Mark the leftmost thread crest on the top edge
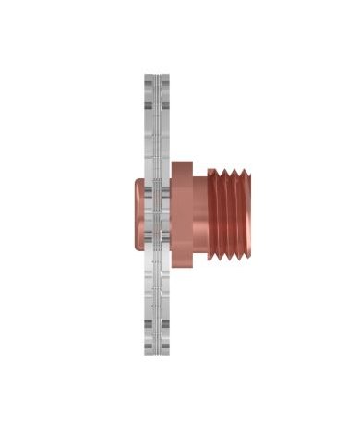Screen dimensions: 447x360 pyautogui.click(x=215, y=170)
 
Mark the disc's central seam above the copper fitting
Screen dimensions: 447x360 pyautogui.click(x=159, y=129)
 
